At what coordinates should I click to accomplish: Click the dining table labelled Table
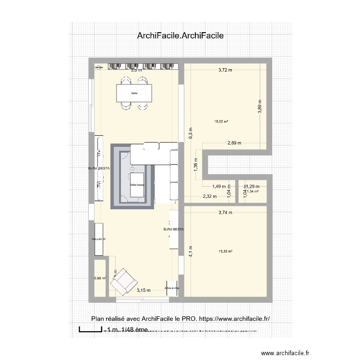(135, 93)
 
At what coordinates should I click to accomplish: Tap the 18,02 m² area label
(221, 121)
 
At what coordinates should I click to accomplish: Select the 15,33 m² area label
(225, 251)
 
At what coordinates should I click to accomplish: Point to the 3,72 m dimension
(225, 70)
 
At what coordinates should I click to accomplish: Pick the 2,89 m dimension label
(235, 143)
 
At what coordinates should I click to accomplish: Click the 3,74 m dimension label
(225, 212)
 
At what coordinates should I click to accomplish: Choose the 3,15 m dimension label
(144, 290)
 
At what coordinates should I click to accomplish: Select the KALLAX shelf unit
(99, 239)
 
